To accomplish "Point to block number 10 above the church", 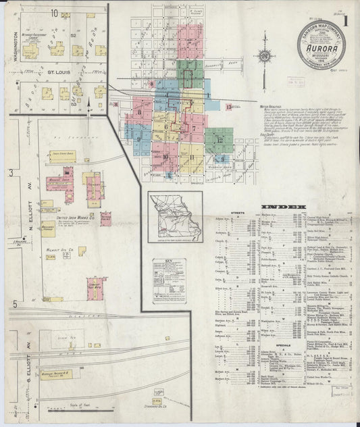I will point(53,13).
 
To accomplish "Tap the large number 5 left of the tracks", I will point(13,304).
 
